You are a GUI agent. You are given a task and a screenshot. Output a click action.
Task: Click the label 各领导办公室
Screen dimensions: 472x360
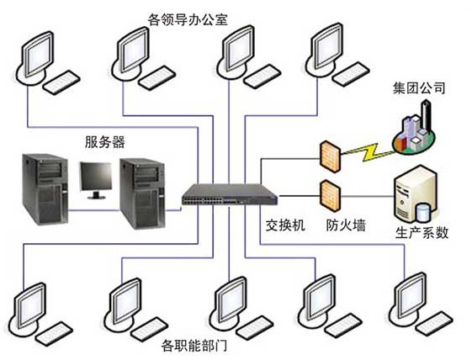(x=188, y=20)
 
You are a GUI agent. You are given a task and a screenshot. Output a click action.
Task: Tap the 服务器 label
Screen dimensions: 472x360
(x=104, y=142)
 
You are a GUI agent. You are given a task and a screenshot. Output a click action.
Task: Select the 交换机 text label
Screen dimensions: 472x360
(x=285, y=225)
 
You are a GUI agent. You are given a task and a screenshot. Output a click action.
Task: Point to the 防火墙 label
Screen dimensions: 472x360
(x=346, y=225)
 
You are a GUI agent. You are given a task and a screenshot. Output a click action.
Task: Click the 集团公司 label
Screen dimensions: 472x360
(x=419, y=88)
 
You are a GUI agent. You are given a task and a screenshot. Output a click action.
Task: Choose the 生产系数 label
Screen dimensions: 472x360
(x=422, y=232)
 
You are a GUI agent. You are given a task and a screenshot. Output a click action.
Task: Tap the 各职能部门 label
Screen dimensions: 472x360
(x=194, y=346)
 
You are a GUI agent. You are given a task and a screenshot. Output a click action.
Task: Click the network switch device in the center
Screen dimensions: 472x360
(x=230, y=195)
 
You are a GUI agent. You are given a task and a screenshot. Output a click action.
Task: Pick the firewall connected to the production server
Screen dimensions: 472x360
(x=330, y=196)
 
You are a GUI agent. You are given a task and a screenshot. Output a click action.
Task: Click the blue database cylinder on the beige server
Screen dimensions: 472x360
(x=422, y=212)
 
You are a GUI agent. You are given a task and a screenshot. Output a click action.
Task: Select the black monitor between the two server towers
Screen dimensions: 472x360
(x=96, y=181)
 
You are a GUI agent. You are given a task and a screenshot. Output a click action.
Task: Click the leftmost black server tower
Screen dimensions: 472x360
(x=45, y=189)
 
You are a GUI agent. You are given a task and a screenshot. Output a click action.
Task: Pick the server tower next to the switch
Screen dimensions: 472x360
(x=142, y=193)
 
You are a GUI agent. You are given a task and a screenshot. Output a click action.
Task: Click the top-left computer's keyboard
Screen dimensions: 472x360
(x=62, y=82)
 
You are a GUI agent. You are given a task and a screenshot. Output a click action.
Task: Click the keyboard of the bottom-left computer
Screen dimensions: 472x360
(x=55, y=334)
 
